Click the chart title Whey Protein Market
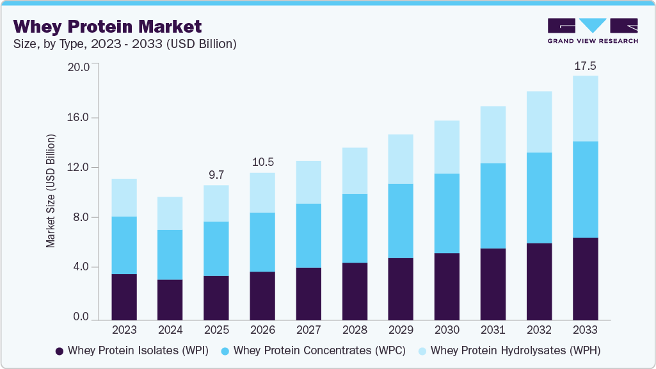[x=108, y=26]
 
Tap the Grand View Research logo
[x=593, y=31]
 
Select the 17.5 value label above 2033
[x=585, y=66]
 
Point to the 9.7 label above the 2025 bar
[x=216, y=175]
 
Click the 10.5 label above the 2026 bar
[x=262, y=162]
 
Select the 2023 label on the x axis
[x=124, y=330]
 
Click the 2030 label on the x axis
[x=447, y=330]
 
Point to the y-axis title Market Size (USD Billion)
[x=51, y=191]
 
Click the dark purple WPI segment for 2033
[x=585, y=279]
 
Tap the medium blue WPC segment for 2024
[x=170, y=254]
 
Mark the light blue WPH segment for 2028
[x=355, y=170]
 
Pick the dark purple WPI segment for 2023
[x=124, y=297]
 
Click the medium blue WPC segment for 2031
[x=493, y=206]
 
